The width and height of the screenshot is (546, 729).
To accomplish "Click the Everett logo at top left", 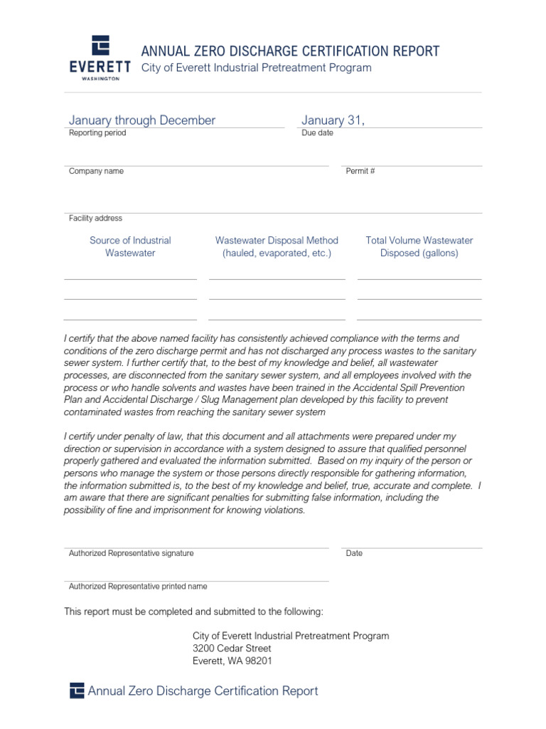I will [x=100, y=58].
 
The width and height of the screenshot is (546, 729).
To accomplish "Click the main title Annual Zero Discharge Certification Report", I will [x=290, y=51].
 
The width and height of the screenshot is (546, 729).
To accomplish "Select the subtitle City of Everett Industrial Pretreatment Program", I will [x=257, y=68].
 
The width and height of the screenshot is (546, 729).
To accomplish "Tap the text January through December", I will [x=141, y=120].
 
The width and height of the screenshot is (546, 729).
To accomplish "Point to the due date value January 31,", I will [x=333, y=120].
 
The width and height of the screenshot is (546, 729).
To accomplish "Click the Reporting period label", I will [x=97, y=133].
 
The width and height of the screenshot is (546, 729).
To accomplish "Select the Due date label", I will [x=317, y=133].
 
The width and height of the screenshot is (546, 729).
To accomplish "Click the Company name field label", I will [x=96, y=172].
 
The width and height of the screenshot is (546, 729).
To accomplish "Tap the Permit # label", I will [x=360, y=172].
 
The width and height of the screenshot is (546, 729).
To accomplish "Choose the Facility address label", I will [x=95, y=219].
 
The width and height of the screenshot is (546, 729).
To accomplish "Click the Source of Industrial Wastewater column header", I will [x=130, y=246].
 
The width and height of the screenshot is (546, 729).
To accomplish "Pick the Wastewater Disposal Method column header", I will [x=277, y=246].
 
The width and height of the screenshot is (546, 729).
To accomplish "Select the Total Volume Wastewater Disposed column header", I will [x=419, y=246].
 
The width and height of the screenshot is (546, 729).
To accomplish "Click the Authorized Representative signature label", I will [x=131, y=553].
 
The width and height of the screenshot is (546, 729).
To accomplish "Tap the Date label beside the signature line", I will [x=354, y=553].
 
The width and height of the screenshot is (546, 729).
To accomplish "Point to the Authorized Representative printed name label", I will [x=138, y=587].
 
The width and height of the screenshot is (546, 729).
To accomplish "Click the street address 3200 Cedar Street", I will [x=232, y=649].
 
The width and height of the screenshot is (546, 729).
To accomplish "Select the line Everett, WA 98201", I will [x=232, y=661].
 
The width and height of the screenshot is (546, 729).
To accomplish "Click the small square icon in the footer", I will [x=77, y=691].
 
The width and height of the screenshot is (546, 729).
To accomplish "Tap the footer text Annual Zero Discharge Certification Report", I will [x=203, y=691].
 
